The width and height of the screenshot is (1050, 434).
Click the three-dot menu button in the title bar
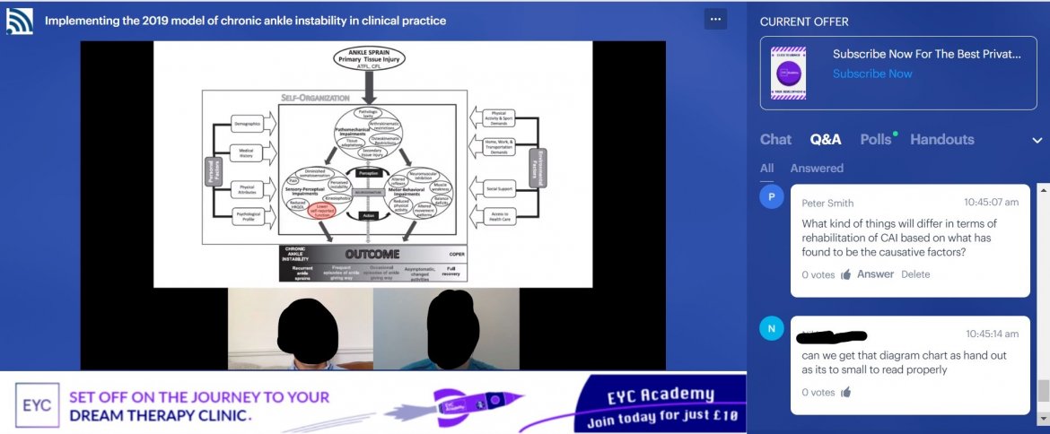715,18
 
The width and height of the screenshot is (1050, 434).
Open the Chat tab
775,139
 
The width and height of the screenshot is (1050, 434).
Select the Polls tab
876,139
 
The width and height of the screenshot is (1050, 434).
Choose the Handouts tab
941,139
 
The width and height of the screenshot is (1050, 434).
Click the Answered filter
817,168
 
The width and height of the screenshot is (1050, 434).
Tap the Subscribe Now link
872,74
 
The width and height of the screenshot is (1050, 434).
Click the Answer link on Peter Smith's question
875,274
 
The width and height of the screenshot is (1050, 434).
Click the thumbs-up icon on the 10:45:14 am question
845,392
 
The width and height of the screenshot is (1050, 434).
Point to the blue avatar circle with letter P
772,197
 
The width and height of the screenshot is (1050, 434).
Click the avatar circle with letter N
772,329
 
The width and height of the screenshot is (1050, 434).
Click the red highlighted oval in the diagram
322,210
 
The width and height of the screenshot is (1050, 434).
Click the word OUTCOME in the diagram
372,254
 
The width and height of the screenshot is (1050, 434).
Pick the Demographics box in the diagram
246,124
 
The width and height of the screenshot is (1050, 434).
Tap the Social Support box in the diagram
499,189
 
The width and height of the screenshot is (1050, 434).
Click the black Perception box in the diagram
367,172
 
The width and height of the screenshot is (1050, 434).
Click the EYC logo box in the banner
37,404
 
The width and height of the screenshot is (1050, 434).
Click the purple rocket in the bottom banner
466,405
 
